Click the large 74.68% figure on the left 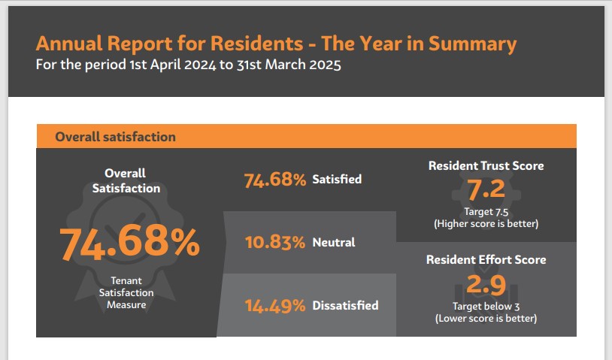click(129, 242)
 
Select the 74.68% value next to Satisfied click(274, 180)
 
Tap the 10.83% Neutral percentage click(274, 243)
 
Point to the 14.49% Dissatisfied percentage click(274, 306)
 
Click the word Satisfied click(337, 180)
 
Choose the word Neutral click(334, 243)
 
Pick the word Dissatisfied click(345, 306)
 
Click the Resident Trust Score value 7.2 click(486, 191)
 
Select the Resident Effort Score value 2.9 click(486, 285)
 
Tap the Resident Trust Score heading click(486, 165)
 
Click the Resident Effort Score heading click(486, 260)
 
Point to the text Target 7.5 click(486, 212)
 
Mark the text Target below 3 click(486, 307)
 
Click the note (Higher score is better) click(486, 224)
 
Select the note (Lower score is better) click(486, 319)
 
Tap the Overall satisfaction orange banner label click(115, 137)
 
